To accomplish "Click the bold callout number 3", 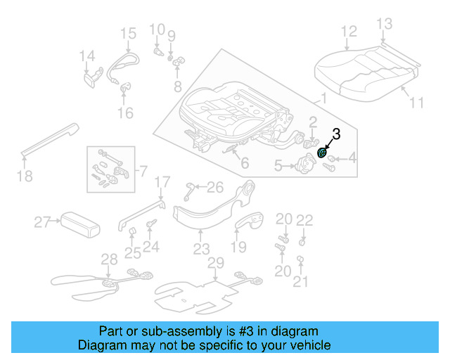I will (x=336, y=134).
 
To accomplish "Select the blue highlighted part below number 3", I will (x=323, y=153).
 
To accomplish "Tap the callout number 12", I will (x=349, y=32).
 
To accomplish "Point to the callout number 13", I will (x=384, y=25).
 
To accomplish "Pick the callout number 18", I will (x=25, y=176).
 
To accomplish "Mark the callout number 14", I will (x=86, y=56).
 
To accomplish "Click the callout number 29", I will (x=215, y=263).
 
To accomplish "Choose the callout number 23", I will (x=202, y=249).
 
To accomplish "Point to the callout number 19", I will (x=239, y=247).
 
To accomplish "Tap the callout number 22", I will (x=304, y=221).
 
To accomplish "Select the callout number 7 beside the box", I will (x=143, y=171).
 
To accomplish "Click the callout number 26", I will (x=214, y=187).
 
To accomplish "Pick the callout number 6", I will (x=244, y=164).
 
